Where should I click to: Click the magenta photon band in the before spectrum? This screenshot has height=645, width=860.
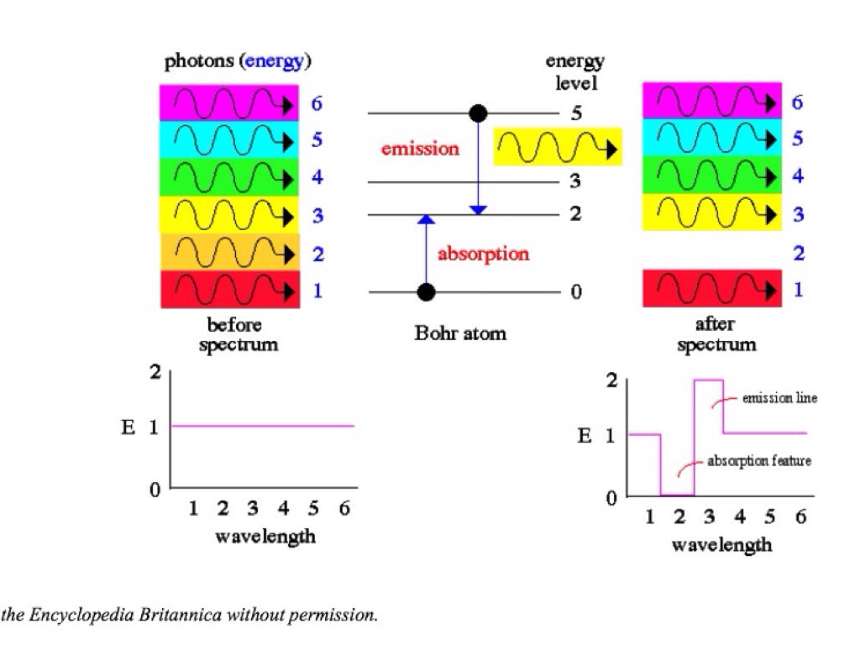click(x=229, y=103)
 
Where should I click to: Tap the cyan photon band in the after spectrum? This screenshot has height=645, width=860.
click(x=712, y=138)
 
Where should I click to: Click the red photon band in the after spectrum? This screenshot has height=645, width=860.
click(x=712, y=289)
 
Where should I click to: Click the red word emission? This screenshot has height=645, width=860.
click(x=420, y=149)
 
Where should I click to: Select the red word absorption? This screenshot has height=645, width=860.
click(x=483, y=254)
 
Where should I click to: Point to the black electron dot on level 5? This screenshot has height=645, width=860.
click(x=477, y=113)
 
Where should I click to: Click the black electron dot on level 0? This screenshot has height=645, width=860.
click(x=427, y=292)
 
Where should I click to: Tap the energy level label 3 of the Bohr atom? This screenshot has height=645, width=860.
click(x=575, y=181)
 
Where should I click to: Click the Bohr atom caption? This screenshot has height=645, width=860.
click(x=460, y=333)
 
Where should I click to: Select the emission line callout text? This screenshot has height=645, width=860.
click(x=779, y=398)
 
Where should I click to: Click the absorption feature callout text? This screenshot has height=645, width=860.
click(x=759, y=461)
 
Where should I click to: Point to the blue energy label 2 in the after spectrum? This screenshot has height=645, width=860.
click(x=798, y=253)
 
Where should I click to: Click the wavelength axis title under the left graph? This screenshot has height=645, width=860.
click(x=265, y=536)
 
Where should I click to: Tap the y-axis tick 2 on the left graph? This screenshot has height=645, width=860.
click(x=155, y=373)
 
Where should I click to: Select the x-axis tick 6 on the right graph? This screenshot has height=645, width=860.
click(x=800, y=517)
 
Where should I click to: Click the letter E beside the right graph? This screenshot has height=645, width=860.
click(x=585, y=436)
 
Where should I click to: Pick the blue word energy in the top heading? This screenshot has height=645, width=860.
click(x=274, y=61)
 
